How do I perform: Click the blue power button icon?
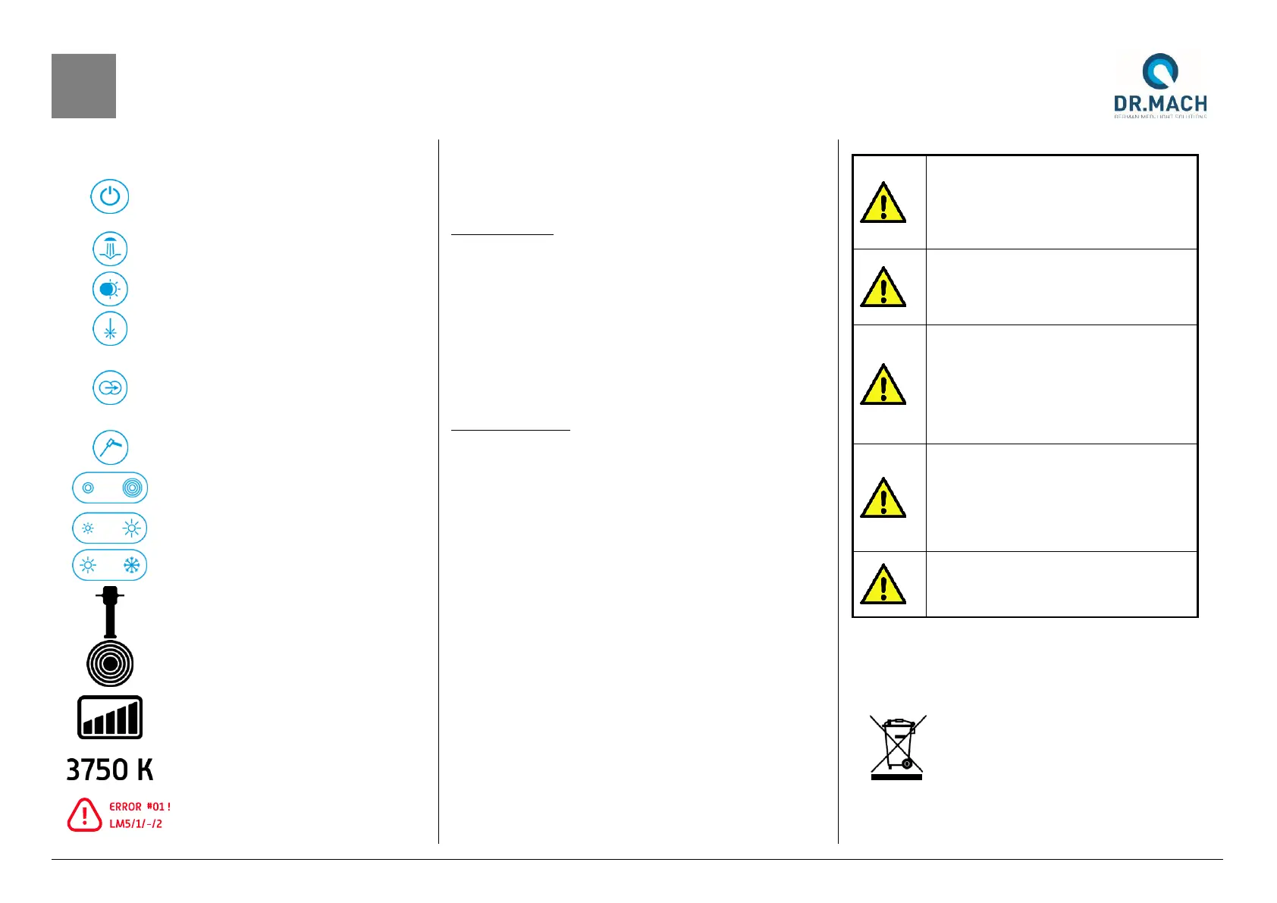click(110, 196)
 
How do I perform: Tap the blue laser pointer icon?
click(110, 330)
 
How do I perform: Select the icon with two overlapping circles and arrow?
click(110, 388)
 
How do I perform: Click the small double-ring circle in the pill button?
click(88, 488)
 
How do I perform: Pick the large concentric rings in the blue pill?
click(132, 488)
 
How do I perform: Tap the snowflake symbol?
click(132, 566)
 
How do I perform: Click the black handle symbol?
click(110, 611)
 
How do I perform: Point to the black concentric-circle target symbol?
click(110, 663)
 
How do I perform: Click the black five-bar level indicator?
click(110, 717)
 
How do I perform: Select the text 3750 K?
click(110, 770)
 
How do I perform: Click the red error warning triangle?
click(84, 815)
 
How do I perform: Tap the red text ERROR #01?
click(140, 807)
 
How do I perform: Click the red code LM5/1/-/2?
click(136, 824)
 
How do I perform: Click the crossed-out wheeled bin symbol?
click(897, 748)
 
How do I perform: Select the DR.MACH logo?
click(1160, 85)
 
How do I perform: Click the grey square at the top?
click(83, 86)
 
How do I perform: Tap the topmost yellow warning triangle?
click(883, 203)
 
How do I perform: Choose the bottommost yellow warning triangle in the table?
click(883, 585)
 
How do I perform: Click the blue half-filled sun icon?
click(110, 290)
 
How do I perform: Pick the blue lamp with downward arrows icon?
click(110, 249)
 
